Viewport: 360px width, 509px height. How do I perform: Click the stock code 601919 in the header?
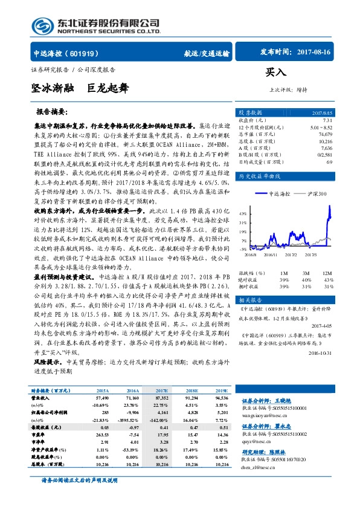tap(89, 53)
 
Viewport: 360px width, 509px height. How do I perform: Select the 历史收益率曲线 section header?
tap(258, 176)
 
